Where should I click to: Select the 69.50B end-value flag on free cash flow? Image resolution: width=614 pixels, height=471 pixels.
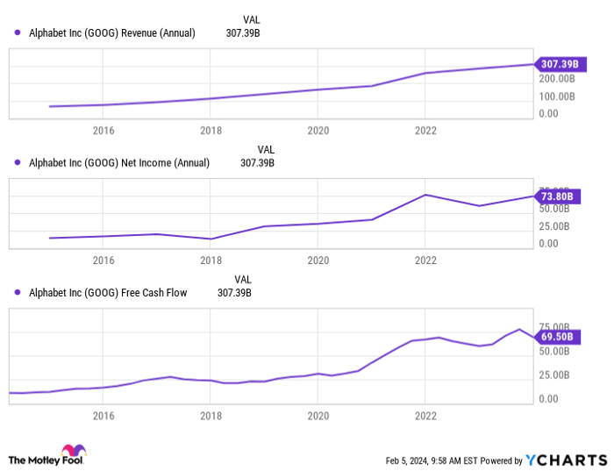555,337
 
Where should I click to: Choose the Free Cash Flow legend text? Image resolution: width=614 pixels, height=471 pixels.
108,293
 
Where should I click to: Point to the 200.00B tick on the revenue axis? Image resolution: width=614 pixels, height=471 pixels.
558,78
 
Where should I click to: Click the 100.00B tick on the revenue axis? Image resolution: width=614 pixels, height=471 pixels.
558,96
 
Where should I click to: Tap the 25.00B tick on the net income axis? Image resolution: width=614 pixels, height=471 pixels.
554,225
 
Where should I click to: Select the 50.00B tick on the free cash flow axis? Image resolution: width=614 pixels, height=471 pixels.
554,352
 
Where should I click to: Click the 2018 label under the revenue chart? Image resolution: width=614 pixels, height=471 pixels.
211,131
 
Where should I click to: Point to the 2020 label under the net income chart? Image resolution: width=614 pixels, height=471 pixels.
318,260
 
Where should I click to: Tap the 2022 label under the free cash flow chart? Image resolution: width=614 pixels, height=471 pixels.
425,417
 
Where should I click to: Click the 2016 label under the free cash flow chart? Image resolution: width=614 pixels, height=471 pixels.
104,417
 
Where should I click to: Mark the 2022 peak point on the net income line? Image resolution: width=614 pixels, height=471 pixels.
425,195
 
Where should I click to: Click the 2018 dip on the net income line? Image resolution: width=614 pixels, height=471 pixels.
211,239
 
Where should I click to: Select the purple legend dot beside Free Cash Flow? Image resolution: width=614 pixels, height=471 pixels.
18,293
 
